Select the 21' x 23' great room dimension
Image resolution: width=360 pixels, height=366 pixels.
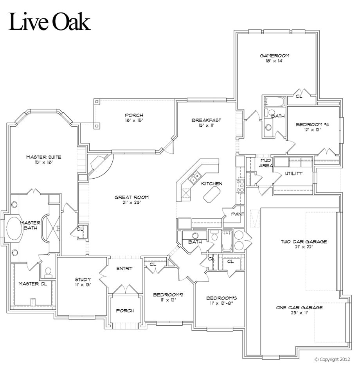click(131, 203)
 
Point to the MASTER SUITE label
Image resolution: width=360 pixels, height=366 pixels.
click(43, 157)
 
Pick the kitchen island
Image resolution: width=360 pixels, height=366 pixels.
click(212, 193)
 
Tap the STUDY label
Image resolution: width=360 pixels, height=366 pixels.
click(83, 279)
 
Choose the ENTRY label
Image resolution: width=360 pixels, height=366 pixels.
click(124, 268)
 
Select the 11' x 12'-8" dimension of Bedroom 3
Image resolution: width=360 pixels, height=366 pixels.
click(221, 303)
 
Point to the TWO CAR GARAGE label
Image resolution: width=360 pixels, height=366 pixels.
click(303, 242)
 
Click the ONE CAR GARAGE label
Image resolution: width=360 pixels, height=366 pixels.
click(299, 308)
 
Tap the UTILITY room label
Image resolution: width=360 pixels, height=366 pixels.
click(293, 174)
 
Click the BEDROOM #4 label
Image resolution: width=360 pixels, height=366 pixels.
click(312, 124)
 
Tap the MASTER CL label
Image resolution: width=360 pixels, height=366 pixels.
click(33, 284)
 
